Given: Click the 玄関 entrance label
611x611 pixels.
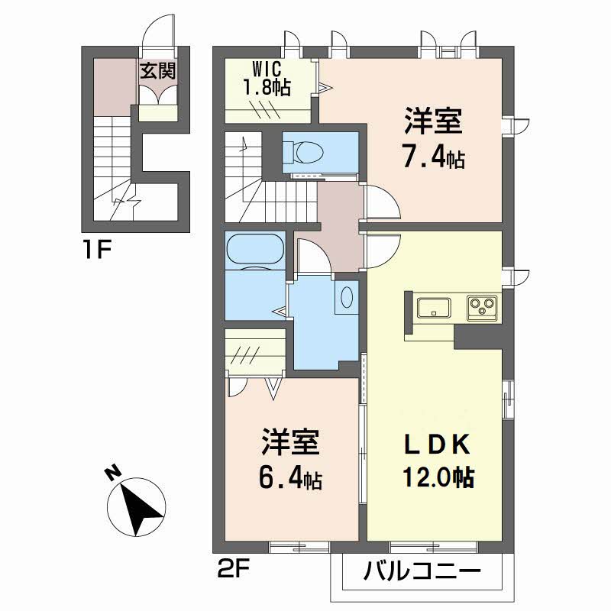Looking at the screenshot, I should click(x=158, y=71).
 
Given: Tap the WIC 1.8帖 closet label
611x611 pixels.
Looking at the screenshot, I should click(x=267, y=79).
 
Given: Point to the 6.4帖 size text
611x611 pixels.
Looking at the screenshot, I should click(x=289, y=479).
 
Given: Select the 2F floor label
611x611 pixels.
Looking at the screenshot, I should click(x=232, y=569).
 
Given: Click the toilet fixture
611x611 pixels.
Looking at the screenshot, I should click(x=309, y=150).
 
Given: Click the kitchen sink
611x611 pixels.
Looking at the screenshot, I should click(x=433, y=309).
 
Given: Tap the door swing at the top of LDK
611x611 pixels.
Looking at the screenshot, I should click(x=382, y=248).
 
